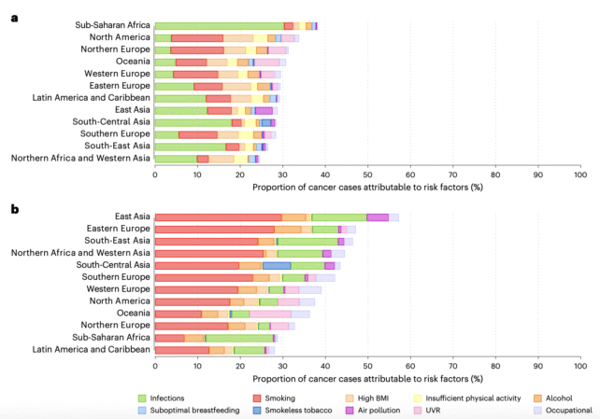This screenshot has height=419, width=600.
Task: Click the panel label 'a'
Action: coord(12,17)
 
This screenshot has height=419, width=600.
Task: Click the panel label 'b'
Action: coord(12,210)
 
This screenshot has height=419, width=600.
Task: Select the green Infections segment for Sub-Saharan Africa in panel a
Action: coord(219,26)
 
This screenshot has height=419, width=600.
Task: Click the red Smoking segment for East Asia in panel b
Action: coord(218,216)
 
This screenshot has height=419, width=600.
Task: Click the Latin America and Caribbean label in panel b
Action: coord(91,349)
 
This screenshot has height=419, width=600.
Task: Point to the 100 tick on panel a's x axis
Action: coord(579,174)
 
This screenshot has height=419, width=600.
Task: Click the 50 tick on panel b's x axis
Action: coord(367,366)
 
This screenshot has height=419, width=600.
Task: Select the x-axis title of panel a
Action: coord(366,186)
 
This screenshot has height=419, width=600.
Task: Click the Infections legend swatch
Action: coord(143,397)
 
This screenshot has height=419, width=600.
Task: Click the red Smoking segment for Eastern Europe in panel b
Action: coord(214,229)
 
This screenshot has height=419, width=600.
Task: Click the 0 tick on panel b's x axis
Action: coord(154,366)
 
